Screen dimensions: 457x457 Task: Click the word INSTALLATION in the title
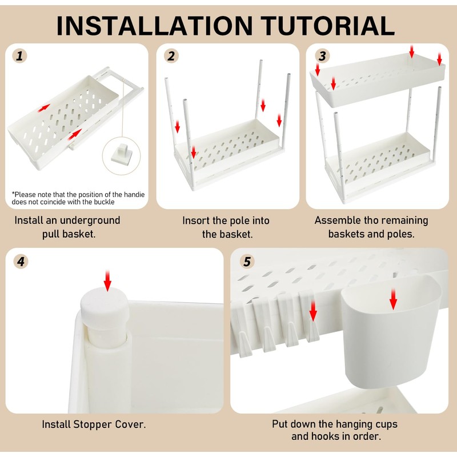tap(154, 26)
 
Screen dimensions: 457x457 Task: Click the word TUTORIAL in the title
tap(327, 26)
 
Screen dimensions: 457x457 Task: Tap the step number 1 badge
tap(19, 55)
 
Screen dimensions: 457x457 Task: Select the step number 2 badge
tap(171, 55)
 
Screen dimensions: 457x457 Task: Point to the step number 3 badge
tap(322, 55)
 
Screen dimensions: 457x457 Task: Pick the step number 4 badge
tap(21, 262)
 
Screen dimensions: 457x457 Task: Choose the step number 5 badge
tap(247, 262)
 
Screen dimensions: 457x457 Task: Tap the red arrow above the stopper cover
tap(107, 280)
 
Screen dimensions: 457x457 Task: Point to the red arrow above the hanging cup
tap(393, 299)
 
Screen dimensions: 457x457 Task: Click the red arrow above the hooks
tap(312, 311)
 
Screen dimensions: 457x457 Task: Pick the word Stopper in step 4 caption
tap(93, 424)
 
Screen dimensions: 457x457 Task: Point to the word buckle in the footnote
tap(104, 202)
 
